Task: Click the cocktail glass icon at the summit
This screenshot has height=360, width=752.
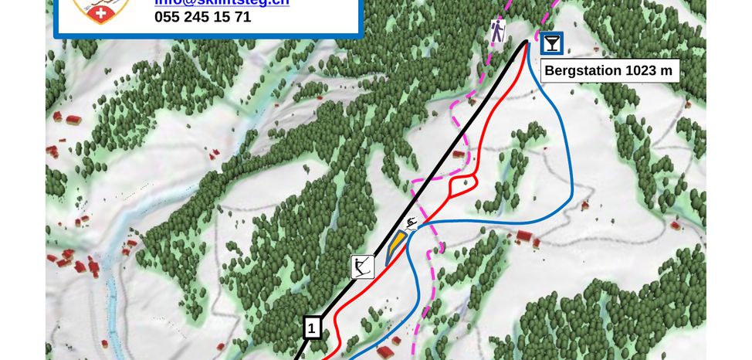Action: [x=551, y=43]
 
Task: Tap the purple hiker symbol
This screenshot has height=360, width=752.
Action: [x=498, y=32]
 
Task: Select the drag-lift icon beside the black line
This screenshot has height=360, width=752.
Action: [x=362, y=267]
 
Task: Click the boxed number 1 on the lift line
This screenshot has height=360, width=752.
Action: [x=312, y=328]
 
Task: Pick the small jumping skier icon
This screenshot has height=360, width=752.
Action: [x=411, y=224]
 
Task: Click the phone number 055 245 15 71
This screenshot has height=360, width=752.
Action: [x=202, y=16]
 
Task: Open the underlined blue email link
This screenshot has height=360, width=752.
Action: [x=222, y=2]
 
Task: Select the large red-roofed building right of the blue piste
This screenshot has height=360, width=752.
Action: [x=525, y=236]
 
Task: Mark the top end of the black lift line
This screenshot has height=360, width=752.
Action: [x=527, y=40]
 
